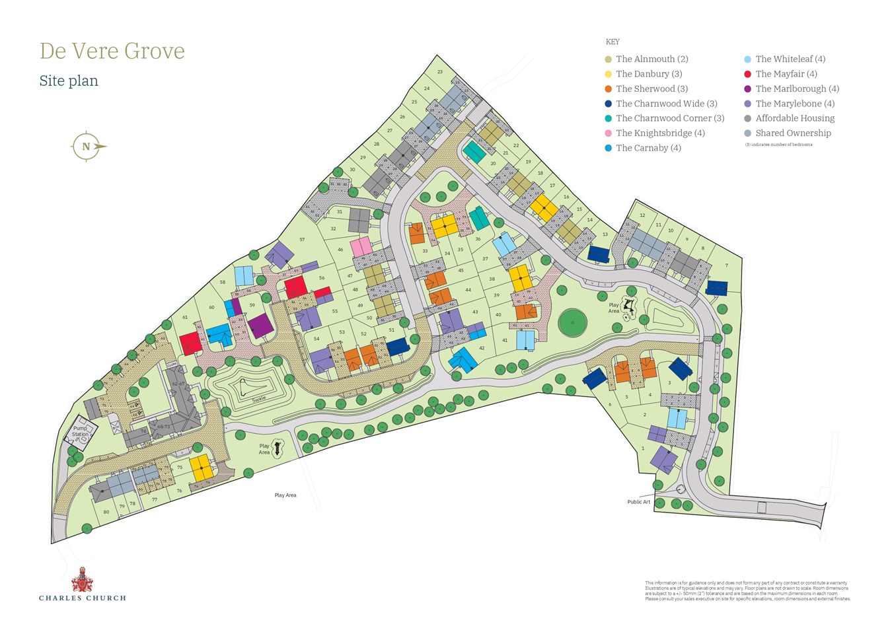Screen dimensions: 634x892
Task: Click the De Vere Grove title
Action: [112, 51]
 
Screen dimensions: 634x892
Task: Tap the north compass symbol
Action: [87, 147]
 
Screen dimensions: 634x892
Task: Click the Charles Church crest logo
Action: [82, 579]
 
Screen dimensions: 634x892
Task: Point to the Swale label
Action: [240, 398]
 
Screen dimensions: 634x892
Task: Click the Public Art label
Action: [638, 502]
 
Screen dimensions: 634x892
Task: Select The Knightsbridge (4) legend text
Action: [660, 133]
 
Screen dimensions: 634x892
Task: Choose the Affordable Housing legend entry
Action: [795, 118]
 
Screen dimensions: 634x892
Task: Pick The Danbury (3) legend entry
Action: [649, 74]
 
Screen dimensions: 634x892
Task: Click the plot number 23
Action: [440, 71]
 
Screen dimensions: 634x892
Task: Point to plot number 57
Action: [302, 240]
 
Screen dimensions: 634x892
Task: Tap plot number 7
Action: [727, 265]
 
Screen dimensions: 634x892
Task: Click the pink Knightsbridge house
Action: [361, 247]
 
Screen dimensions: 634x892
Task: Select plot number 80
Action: [106, 512]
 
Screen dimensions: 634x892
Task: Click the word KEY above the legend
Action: [613, 42]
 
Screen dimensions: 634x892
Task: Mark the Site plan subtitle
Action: [69, 81]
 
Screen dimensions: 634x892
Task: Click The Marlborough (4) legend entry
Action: [797, 88]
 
